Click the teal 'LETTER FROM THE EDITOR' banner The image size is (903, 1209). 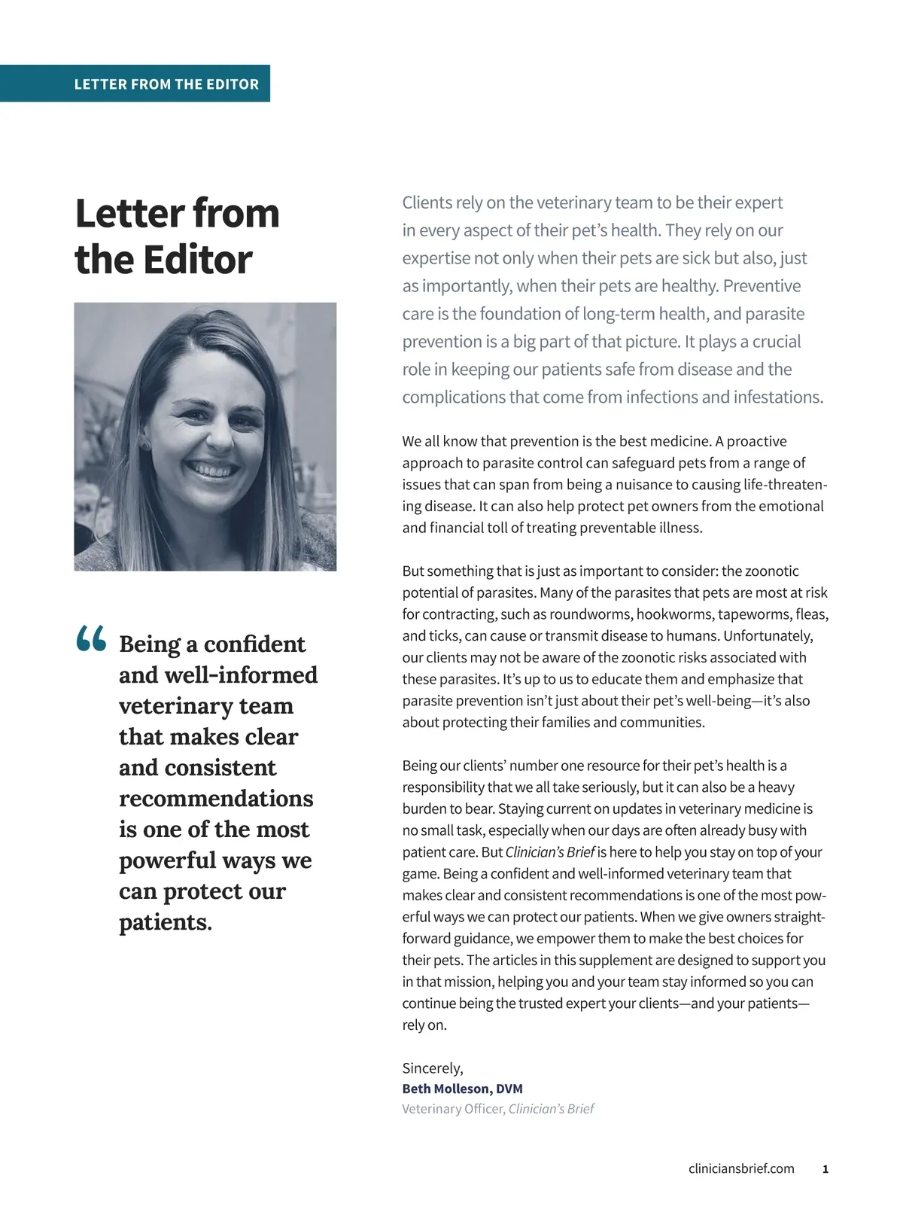tap(166, 84)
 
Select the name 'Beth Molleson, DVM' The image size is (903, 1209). tap(462, 1089)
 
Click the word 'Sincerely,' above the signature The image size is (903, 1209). tap(433, 1068)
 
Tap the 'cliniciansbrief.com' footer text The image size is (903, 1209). tap(741, 1168)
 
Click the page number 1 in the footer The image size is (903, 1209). tap(825, 1169)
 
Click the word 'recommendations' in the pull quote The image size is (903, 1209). tap(216, 798)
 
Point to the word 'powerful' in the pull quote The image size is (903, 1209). tap(168, 860)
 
